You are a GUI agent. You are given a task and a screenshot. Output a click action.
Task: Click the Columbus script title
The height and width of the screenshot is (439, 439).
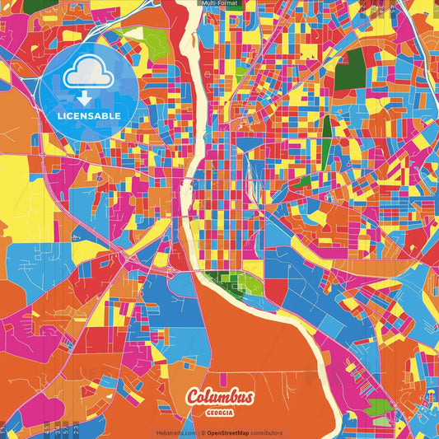220,397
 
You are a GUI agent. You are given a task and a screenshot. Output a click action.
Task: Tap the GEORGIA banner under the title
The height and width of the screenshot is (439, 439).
220,412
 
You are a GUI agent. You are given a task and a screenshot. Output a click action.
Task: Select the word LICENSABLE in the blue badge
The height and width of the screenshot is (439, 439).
89,115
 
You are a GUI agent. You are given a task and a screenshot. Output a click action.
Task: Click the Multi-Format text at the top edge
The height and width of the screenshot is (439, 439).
220,3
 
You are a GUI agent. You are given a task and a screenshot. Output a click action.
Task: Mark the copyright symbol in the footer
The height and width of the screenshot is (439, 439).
203,432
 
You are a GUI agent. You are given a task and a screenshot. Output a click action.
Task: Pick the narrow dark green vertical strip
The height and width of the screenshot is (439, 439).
327,133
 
